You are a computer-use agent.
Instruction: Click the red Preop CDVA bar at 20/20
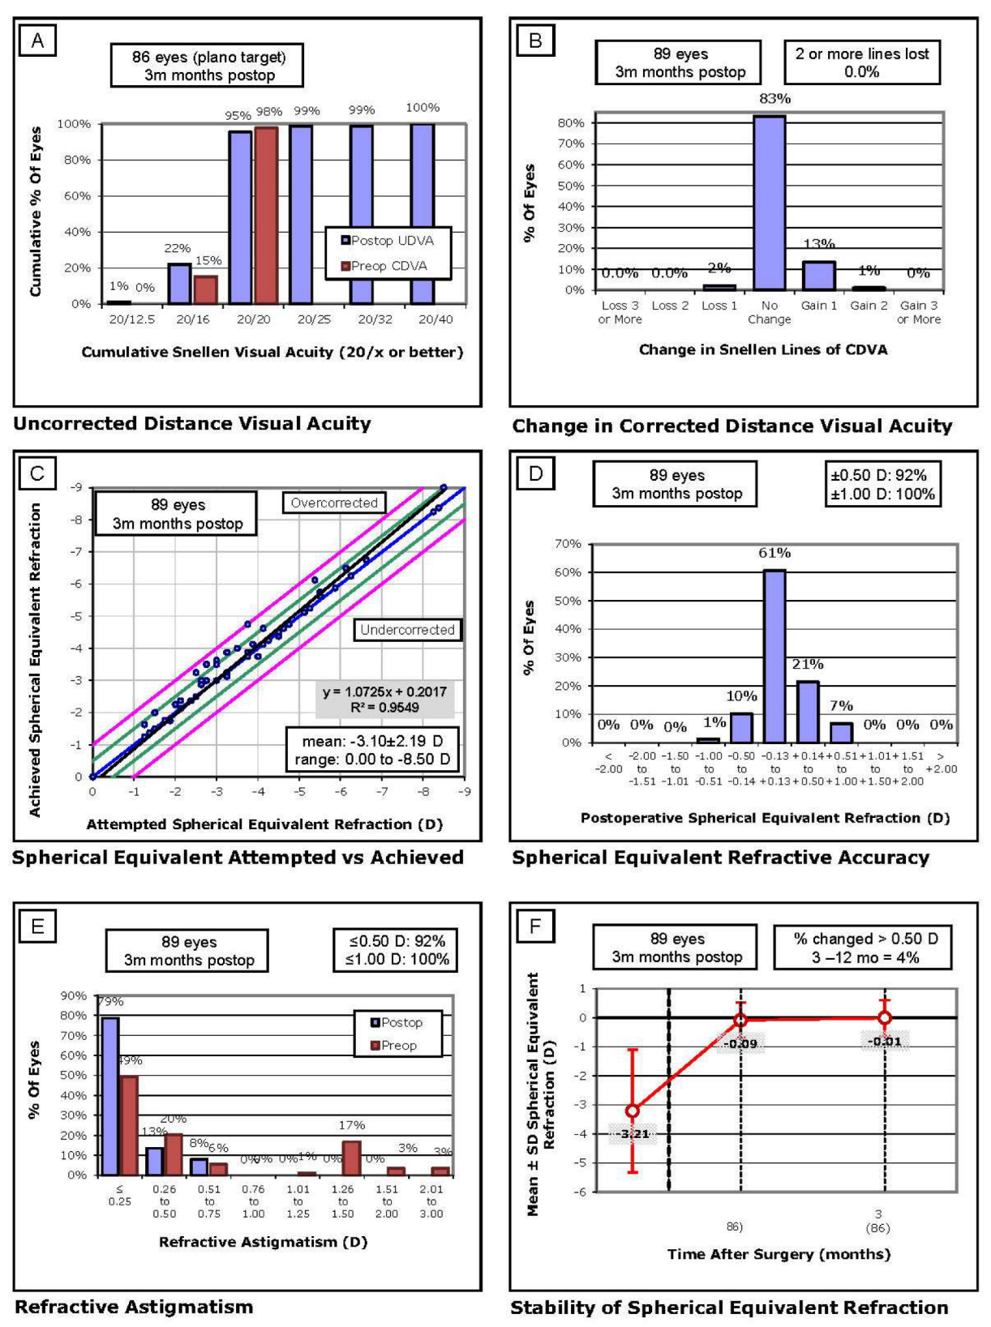[x=266, y=215]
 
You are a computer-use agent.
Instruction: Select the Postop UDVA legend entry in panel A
[x=387, y=241]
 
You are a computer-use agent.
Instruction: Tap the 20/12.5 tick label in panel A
[x=131, y=319]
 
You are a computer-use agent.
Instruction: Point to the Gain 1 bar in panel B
[x=818, y=276]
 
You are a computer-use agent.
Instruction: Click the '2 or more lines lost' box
[x=861, y=62]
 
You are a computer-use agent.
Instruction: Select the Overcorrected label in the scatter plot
[x=334, y=503]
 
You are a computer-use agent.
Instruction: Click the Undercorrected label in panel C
[x=407, y=630]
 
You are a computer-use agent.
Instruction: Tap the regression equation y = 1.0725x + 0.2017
[x=384, y=691]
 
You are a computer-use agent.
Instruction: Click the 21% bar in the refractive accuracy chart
[x=808, y=712]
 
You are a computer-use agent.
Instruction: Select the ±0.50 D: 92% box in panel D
[x=882, y=485]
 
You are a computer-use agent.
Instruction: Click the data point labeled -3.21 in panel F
[x=633, y=1111]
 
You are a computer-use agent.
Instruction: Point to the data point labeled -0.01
[x=885, y=1017]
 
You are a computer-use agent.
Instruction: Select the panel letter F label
[x=534, y=925]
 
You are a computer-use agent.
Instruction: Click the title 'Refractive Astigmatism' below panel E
[x=134, y=1307]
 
